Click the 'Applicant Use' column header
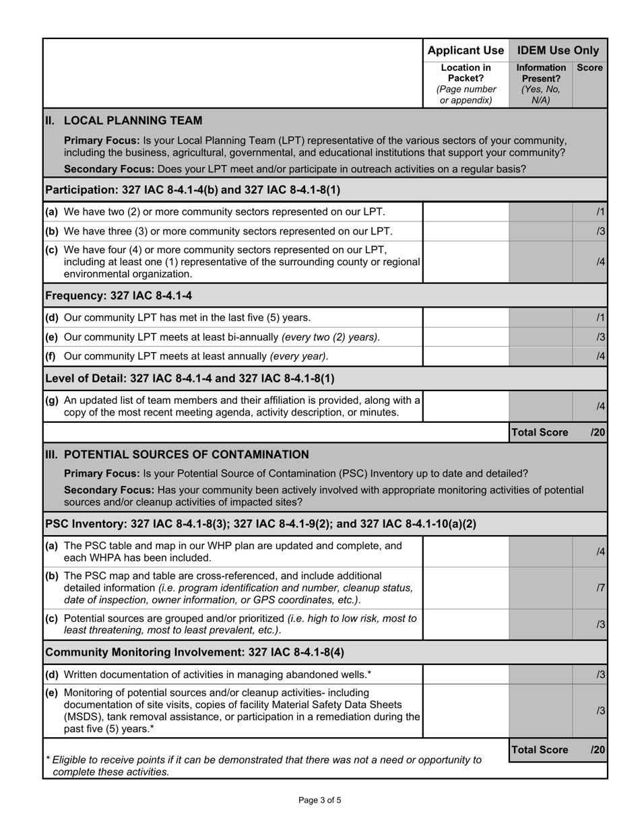466,50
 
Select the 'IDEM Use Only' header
558,50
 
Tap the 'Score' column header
589,68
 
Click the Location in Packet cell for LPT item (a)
466,212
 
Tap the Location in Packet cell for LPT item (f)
466,356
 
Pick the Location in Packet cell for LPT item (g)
466,406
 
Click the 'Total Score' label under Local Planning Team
540,432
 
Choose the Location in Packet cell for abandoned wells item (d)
466,675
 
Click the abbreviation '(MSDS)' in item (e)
83,716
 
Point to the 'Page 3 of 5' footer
320,800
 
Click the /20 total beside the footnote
598,750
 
